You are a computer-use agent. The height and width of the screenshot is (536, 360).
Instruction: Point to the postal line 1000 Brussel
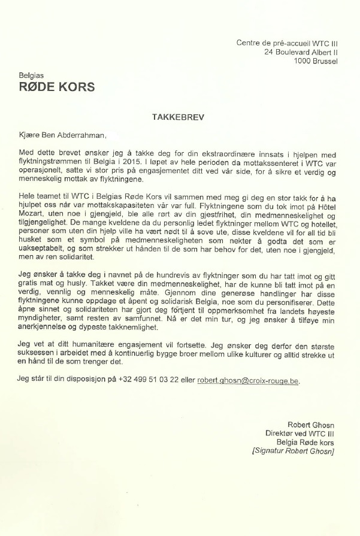(x=316, y=60)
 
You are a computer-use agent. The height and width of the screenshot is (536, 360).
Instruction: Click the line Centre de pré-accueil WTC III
(x=287, y=43)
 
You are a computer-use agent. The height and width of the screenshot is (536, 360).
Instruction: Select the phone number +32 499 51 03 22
(x=151, y=380)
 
